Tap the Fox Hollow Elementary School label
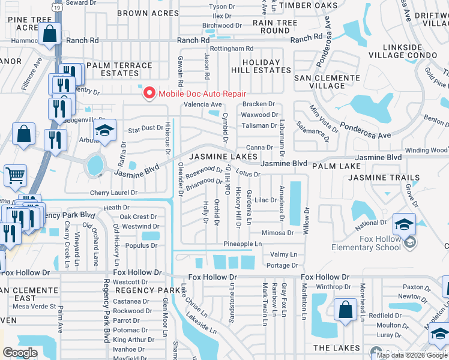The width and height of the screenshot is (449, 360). (x=370, y=243)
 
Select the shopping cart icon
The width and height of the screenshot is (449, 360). (x=16, y=175)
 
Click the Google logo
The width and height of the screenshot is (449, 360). (x=20, y=353)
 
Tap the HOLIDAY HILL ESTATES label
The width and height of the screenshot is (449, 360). (x=261, y=66)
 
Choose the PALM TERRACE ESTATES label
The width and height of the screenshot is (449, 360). (x=119, y=69)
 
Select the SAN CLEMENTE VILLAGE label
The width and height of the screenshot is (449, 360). (x=327, y=82)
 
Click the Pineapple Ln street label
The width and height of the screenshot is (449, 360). (x=243, y=244)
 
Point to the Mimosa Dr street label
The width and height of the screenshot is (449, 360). (x=277, y=233)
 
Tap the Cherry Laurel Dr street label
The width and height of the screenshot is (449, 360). (x=113, y=193)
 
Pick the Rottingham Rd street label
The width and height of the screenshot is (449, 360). (x=231, y=49)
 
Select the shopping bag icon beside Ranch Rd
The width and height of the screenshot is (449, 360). (x=50, y=35)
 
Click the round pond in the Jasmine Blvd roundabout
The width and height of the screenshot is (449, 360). (x=94, y=165)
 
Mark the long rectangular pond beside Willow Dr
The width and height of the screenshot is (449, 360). (x=295, y=201)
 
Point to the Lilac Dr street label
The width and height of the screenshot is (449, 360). (x=265, y=200)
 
